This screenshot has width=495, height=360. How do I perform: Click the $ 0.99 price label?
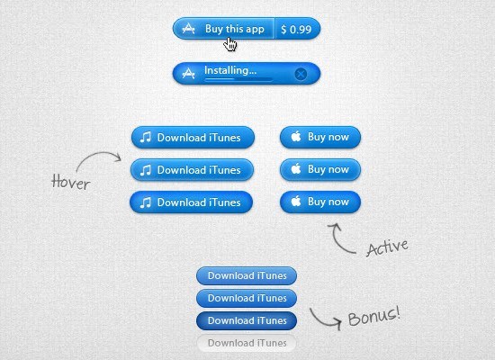296,30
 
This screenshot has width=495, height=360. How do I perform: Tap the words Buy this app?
235,29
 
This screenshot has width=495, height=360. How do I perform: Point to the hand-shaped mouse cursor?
230,44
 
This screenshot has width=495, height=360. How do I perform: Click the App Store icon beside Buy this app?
188,29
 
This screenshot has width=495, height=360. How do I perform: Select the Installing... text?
230,70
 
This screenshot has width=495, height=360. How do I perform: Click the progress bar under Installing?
238,79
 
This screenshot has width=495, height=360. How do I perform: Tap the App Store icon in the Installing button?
188,73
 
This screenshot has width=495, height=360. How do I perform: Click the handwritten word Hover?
71,182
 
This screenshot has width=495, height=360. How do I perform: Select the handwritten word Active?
387,247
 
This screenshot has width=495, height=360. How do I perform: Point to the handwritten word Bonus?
374,316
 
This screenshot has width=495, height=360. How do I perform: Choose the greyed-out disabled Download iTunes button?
247,343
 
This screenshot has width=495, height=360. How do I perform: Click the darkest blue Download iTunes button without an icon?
247,320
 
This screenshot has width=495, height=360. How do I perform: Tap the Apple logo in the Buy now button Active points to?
296,201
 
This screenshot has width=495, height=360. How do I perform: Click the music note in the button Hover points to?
146,170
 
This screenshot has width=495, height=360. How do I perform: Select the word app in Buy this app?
255,30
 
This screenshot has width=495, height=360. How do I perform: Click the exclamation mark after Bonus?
397,311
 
